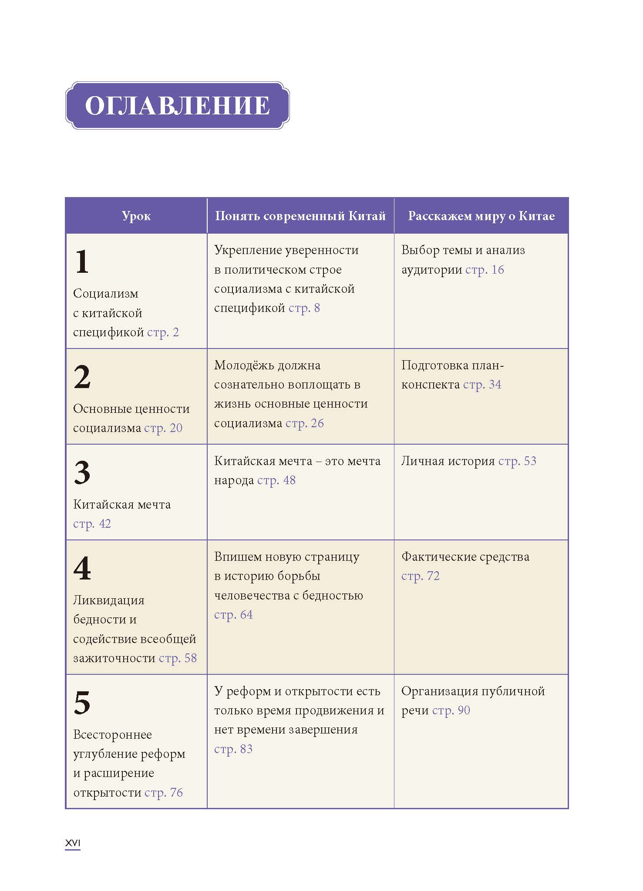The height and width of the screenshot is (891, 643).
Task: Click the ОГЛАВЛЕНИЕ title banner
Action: (177, 105)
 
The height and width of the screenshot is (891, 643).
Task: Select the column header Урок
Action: (136, 216)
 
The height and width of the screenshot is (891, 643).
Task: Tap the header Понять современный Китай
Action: (300, 216)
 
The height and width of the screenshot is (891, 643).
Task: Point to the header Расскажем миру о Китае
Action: (481, 216)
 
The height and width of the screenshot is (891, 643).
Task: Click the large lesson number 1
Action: (82, 262)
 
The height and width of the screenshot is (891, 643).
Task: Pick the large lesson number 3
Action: (82, 473)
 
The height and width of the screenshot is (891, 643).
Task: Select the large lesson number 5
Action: (82, 703)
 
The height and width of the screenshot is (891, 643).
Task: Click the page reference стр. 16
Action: (485, 270)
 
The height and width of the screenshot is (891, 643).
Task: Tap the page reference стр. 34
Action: (482, 385)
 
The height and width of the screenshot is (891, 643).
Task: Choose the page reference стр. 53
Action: (517, 461)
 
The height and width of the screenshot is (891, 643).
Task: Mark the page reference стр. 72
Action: (420, 576)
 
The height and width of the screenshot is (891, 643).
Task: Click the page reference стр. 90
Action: (451, 710)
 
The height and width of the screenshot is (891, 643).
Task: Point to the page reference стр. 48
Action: (276, 480)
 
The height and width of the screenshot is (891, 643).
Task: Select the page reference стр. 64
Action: (233, 615)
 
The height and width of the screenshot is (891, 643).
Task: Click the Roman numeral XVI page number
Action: (73, 843)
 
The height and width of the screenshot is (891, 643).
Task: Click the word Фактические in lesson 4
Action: (437, 557)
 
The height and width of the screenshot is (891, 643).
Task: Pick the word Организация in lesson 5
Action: (438, 691)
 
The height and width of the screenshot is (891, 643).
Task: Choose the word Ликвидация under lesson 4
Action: (108, 600)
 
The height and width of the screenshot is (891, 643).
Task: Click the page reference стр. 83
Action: (233, 749)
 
